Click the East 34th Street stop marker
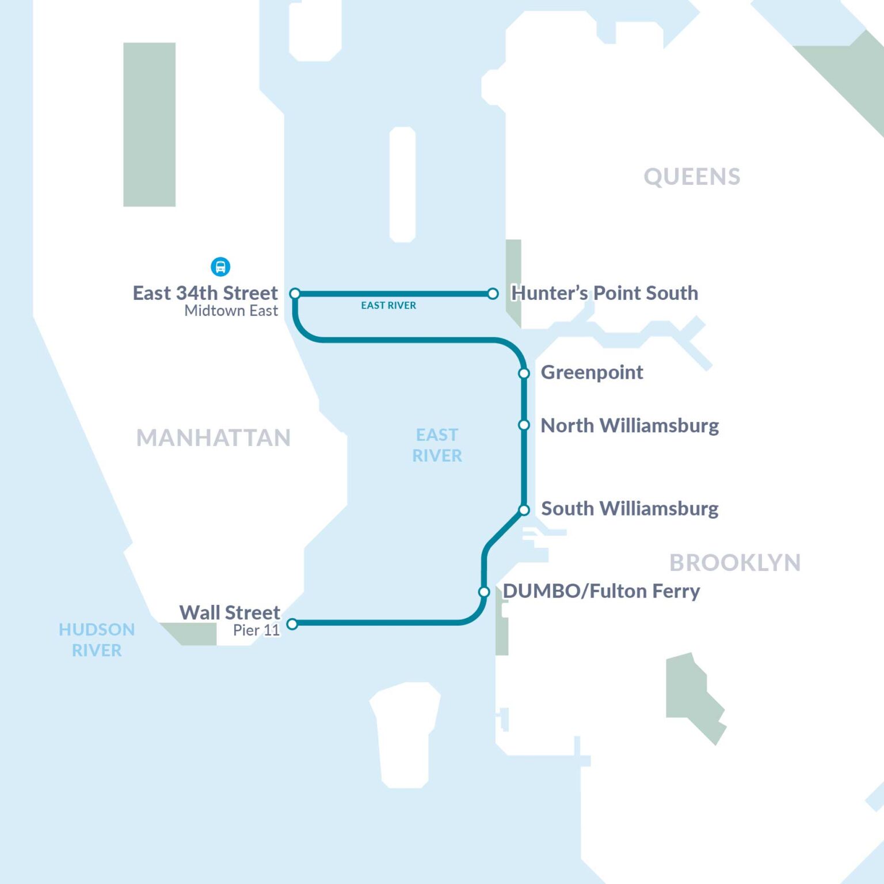(295, 294)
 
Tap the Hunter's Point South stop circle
(493, 294)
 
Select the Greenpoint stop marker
(524, 374)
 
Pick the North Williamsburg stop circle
(524, 425)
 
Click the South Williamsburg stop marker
(524, 510)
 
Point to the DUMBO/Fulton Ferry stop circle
(484, 592)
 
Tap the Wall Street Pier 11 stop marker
(292, 624)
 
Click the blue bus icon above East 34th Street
(220, 266)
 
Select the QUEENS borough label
(692, 177)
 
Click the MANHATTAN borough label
(214, 438)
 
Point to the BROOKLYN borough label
(735, 563)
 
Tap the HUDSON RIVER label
(97, 640)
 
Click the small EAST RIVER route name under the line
(388, 306)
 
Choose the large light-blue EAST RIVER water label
(437, 445)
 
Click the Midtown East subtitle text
(231, 311)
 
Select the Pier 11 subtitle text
(256, 630)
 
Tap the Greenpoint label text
(592, 372)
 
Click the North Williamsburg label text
(630, 425)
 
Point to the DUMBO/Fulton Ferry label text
(601, 591)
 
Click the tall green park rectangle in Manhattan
(150, 124)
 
